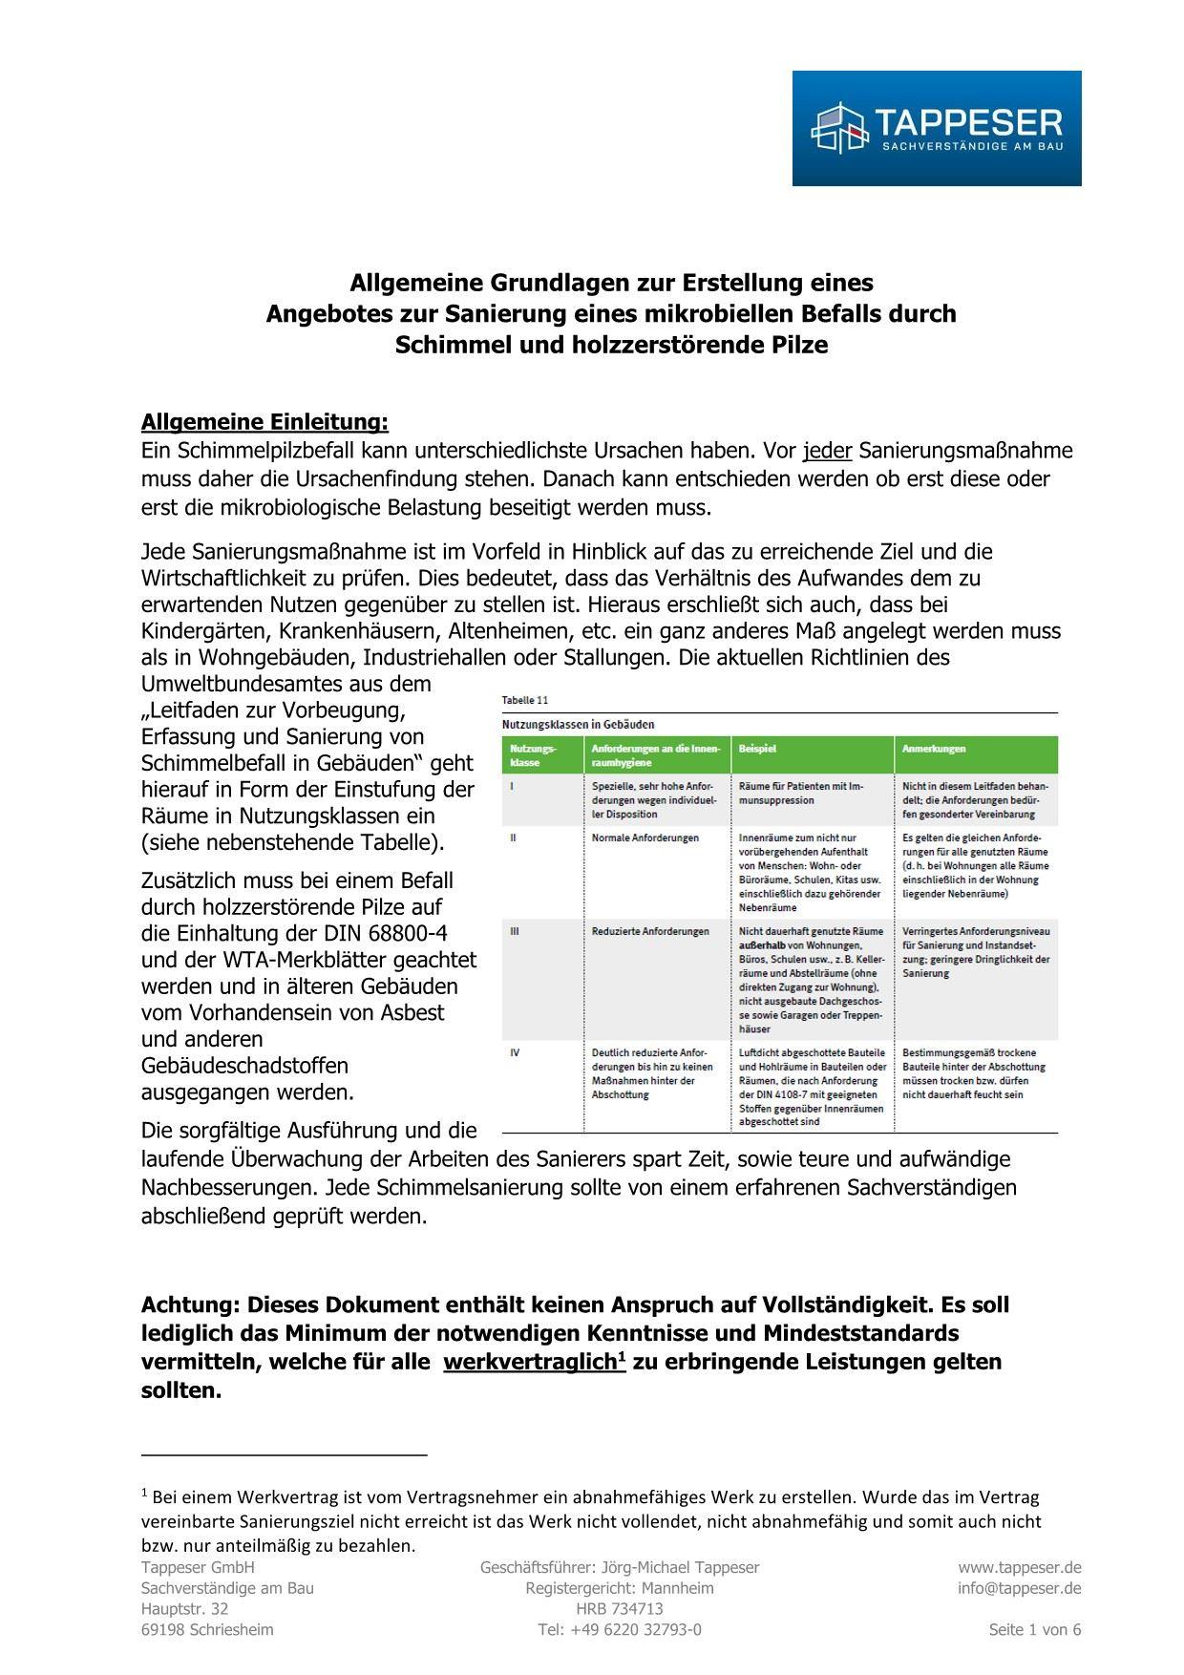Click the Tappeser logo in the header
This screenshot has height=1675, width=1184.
pos(936,128)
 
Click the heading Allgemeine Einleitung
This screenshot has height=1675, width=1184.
pos(264,422)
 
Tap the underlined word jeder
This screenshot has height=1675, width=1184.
pos(827,451)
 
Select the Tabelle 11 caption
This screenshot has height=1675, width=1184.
pos(525,700)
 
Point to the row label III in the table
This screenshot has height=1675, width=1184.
pos(515,931)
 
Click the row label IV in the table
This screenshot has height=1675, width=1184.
pos(515,1052)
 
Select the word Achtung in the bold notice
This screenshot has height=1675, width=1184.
pos(190,1304)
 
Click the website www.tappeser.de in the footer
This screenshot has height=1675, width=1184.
pos(1020,1567)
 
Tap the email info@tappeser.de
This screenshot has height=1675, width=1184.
pos(1020,1588)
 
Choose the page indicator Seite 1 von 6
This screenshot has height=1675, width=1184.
pos(1035,1630)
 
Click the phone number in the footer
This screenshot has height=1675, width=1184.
pos(619,1630)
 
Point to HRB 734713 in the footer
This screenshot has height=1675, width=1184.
pos(619,1609)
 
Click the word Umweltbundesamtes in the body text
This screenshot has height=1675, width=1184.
pos(285,684)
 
